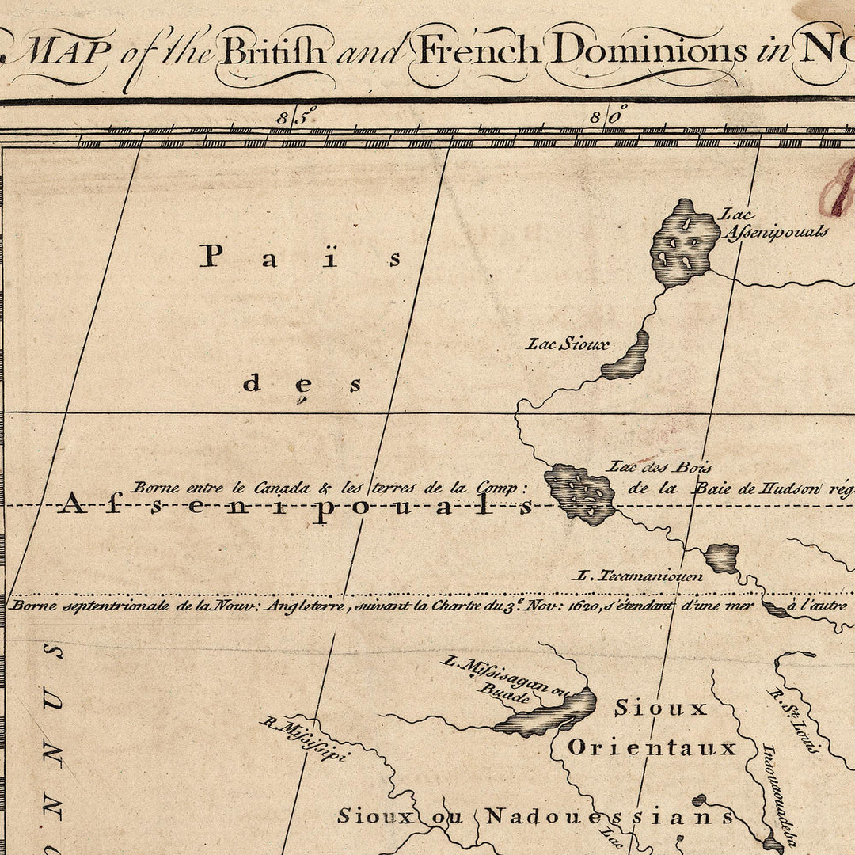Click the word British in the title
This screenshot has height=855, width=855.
coord(272,51)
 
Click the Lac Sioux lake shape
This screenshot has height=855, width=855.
coord(627,358)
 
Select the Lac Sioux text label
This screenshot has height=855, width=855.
coord(568,344)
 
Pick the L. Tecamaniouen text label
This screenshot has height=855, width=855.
coord(640,576)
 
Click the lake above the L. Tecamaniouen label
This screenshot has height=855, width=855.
coord(721,557)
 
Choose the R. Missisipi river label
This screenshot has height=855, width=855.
coord(305,739)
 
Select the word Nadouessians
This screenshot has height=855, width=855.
coord(610,816)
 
